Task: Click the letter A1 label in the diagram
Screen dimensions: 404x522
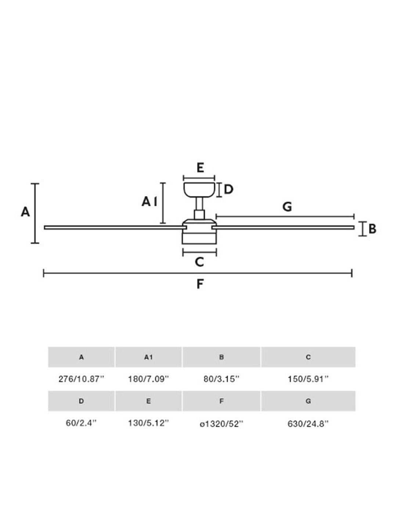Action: point(149,202)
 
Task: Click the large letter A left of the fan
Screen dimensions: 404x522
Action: point(25,212)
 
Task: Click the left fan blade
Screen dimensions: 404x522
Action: point(115,227)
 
